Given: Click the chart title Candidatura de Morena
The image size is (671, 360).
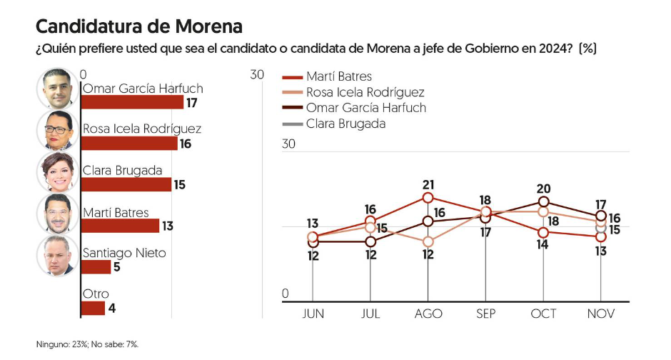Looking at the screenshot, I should pos(138,26).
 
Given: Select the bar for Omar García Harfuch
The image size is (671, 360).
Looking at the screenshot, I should pos(132,102).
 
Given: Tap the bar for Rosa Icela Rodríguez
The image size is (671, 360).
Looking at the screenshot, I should pos(129,144).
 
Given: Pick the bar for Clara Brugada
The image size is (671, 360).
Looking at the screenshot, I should pos(126,184).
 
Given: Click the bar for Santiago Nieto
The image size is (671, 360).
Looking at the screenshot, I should pos(96,266).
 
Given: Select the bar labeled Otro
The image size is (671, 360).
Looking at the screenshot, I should pos(93,308).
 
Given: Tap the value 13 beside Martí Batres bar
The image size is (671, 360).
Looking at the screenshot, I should pos(168,226).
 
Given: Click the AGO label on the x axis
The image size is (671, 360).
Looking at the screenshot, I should pos(428,314).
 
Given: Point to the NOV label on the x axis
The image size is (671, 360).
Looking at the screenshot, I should pos(601,314).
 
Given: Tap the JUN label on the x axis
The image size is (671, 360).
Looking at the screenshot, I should pos(313,314).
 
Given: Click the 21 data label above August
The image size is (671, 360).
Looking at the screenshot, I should pos(428,184).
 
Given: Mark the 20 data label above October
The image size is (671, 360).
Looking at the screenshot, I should pos(543,189).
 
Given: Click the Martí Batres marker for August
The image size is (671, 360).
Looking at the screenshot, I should pos(428,197).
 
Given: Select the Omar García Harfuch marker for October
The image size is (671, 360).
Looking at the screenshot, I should pos(544,202).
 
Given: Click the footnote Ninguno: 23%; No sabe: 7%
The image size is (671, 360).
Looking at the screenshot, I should pos(88,344).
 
